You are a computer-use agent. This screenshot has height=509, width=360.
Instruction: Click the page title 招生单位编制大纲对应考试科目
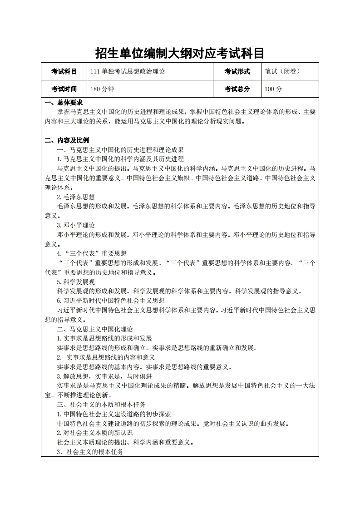tap(180, 53)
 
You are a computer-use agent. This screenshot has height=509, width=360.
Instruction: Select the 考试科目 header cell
tap(64, 71)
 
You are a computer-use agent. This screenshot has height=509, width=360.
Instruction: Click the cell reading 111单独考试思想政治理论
tap(128, 71)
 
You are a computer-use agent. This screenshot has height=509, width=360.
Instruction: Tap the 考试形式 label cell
tap(237, 71)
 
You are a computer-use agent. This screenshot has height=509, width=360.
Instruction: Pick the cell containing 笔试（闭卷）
tap(282, 71)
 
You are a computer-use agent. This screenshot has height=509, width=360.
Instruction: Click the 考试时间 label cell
tap(64, 89)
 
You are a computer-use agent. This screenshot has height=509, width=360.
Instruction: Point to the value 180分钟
tap(102, 89)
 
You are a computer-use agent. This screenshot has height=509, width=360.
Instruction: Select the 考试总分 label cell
tap(237, 89)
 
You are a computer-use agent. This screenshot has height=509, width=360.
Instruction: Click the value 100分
tap(273, 89)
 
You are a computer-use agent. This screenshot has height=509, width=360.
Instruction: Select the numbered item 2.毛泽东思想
tap(76, 197)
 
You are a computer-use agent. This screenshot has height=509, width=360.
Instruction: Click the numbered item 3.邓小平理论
tap(76, 225)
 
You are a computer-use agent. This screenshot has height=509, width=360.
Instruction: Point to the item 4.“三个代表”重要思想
tap(92, 253)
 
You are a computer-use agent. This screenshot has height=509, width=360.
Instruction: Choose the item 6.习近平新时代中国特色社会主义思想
tap(111, 301)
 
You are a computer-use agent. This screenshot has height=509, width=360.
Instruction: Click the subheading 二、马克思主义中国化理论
tap(94, 329)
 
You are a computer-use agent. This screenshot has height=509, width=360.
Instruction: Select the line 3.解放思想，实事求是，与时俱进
tap(104, 376)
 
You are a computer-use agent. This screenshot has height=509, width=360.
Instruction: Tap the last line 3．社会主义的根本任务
tap(90, 452)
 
